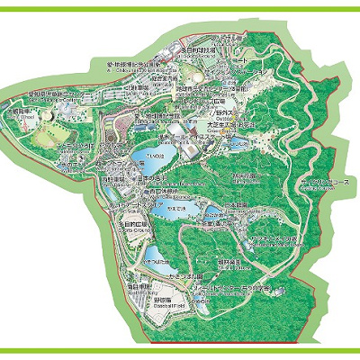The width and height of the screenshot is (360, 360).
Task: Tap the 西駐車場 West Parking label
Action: click(x=122, y=180)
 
